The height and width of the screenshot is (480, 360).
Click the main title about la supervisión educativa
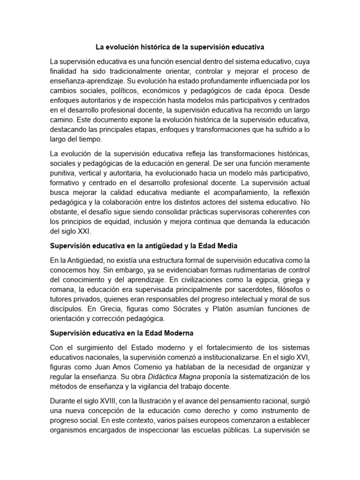click(x=180, y=47)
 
